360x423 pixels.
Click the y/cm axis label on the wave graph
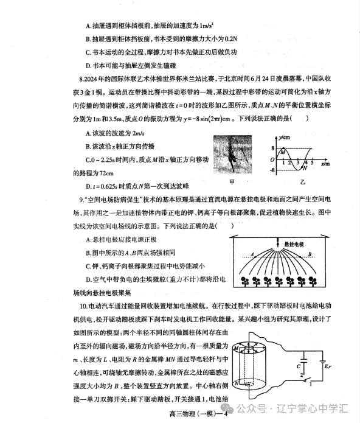click(x=283, y=137)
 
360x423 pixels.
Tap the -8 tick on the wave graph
click(x=273, y=170)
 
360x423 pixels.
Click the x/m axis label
click(x=325, y=164)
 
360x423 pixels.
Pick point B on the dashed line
click(x=327, y=254)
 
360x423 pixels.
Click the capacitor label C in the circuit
click(x=297, y=366)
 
